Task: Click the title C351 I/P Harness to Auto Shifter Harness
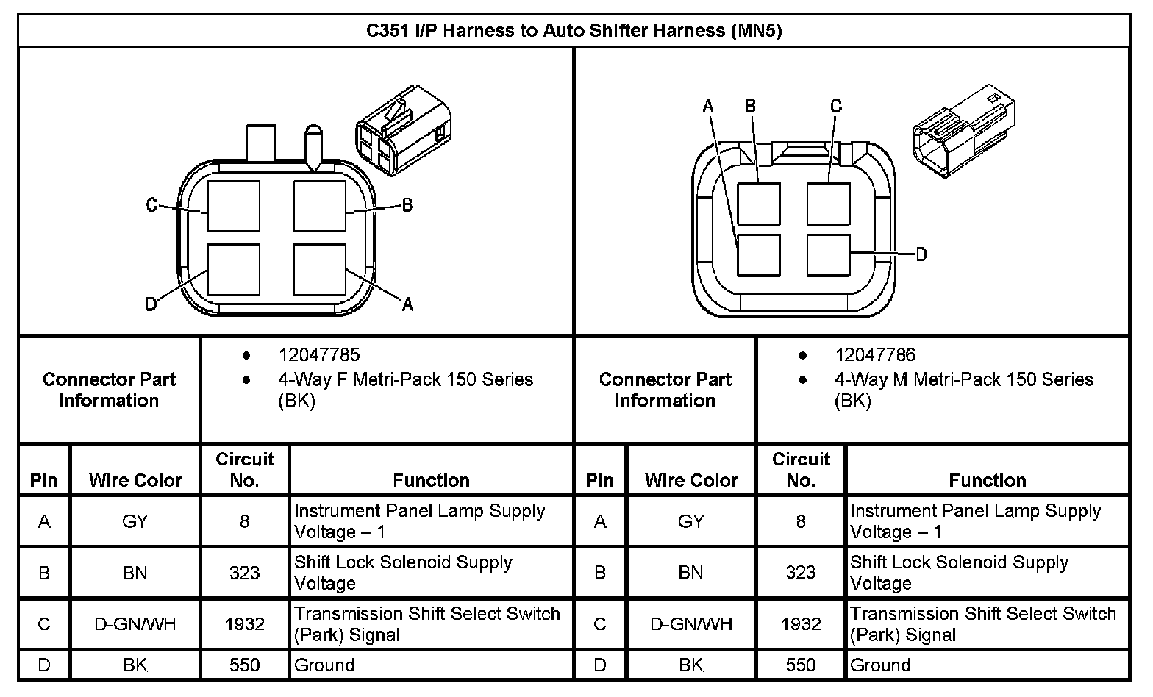coord(574,30)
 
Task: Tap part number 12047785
coord(319,354)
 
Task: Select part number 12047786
coord(875,354)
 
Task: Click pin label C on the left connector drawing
coord(151,205)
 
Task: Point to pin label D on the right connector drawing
coord(921,254)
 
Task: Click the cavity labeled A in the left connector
coord(320,270)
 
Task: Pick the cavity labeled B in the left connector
coord(320,206)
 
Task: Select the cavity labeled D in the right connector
coord(829,255)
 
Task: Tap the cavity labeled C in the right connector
coord(829,204)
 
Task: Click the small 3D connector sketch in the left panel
coord(404,131)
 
